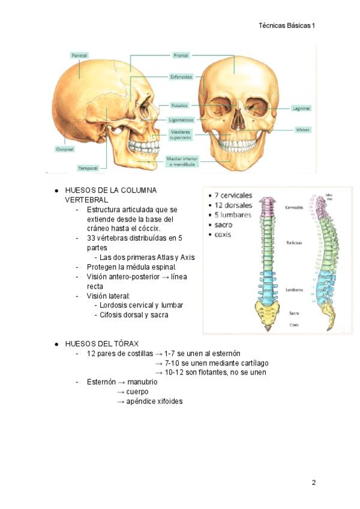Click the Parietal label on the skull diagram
(79, 55)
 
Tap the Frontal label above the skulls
(181, 55)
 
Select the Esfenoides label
(181, 77)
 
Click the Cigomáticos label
(180, 119)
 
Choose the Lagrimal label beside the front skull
(301, 109)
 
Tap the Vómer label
(302, 129)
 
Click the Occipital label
(65, 149)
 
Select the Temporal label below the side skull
(88, 168)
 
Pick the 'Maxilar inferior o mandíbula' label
(182, 161)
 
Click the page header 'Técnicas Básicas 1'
(286, 26)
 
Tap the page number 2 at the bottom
(313, 482)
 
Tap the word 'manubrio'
(142, 382)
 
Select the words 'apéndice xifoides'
(154, 401)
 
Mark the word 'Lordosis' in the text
(114, 305)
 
